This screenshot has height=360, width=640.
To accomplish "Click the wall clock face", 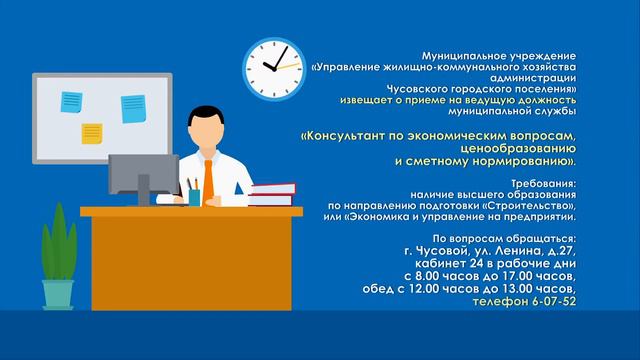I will (x=273, y=66).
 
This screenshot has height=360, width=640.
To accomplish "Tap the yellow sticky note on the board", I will (x=92, y=132).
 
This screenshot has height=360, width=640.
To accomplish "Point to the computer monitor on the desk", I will (x=143, y=170).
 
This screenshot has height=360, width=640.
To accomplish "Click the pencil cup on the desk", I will (x=194, y=196).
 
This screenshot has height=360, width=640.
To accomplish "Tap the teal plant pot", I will (x=58, y=293).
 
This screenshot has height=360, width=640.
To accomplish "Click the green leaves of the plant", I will (x=56, y=245).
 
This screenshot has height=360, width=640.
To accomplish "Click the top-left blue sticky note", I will (x=71, y=100).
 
